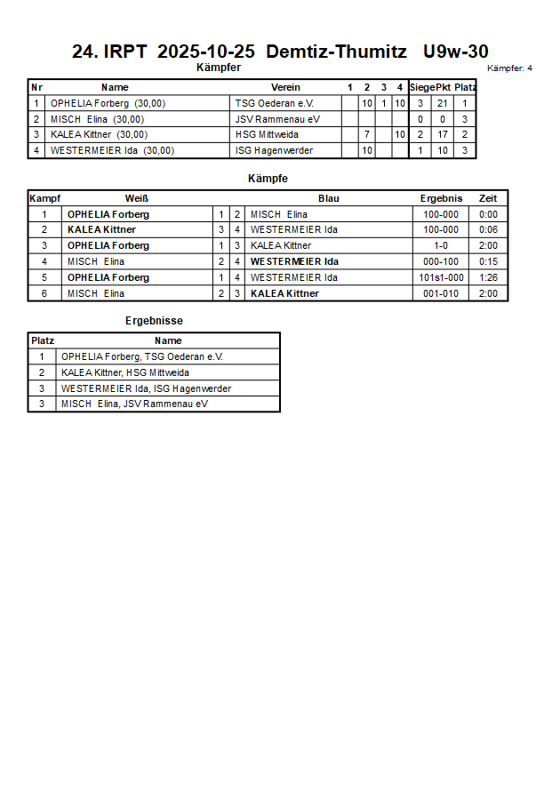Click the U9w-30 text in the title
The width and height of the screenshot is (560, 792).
click(x=456, y=52)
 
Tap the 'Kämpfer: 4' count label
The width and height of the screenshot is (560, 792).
click(x=510, y=68)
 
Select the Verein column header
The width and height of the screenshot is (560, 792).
click(x=285, y=87)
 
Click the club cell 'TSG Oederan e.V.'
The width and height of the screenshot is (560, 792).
click(x=275, y=103)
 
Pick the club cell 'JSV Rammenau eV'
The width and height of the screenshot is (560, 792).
click(x=277, y=119)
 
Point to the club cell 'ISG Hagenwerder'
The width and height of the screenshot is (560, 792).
click(x=274, y=150)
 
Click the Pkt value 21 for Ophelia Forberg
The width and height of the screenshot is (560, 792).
click(x=443, y=103)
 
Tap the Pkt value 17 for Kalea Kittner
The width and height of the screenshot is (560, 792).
click(x=443, y=134)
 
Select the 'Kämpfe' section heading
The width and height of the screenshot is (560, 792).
click(x=268, y=179)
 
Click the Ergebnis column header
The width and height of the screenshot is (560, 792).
click(x=441, y=198)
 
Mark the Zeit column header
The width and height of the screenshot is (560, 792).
click(x=488, y=198)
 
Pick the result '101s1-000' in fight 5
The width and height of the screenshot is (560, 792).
click(x=441, y=277)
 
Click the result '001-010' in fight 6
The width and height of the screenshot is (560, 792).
click(x=441, y=293)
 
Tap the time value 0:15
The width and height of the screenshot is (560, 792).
click(x=488, y=261)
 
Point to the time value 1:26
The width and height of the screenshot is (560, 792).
click(x=488, y=277)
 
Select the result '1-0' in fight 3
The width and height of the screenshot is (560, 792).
click(x=441, y=245)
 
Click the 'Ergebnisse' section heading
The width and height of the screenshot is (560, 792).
click(x=154, y=321)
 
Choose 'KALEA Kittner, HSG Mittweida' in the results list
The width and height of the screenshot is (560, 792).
click(x=125, y=372)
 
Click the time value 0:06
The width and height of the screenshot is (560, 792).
click(x=488, y=229)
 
